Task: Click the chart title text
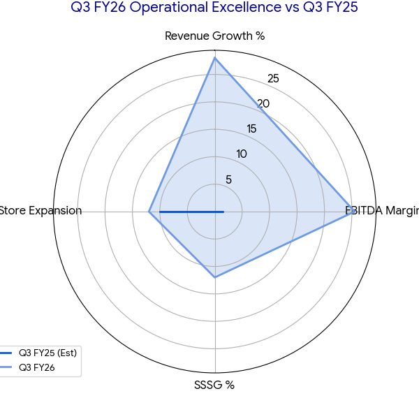(x=209, y=8)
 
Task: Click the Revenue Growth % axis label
(x=214, y=36)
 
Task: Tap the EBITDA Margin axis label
(x=383, y=211)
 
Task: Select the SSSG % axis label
(x=214, y=385)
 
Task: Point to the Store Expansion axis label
(x=41, y=211)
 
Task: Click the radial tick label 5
(x=228, y=179)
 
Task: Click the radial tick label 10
(x=241, y=154)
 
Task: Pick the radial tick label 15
(x=251, y=129)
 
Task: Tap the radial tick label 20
(x=263, y=104)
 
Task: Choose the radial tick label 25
(x=273, y=79)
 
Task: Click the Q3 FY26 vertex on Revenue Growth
(x=214, y=57)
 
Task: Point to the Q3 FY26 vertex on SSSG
(x=214, y=277)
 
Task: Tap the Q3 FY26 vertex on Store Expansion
(x=149, y=211)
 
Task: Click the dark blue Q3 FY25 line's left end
(x=160, y=211)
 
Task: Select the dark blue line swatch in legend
(x=7, y=352)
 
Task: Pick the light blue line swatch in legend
(x=7, y=367)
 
